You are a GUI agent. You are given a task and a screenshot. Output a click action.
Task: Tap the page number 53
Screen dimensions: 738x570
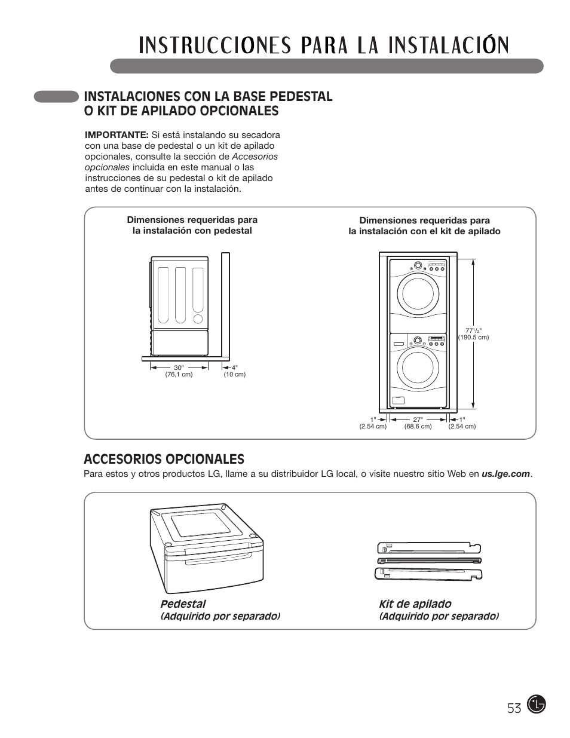(x=514, y=708)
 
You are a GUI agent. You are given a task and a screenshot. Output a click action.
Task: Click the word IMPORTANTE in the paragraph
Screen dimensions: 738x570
(x=117, y=135)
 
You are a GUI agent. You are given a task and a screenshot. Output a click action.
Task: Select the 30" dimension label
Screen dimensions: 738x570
(x=178, y=368)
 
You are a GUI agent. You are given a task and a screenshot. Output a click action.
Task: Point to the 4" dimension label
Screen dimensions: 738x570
(x=234, y=368)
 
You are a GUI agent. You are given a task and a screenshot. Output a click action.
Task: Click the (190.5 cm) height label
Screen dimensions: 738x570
(x=473, y=338)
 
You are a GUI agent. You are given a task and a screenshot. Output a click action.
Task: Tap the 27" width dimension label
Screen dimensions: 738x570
(x=418, y=419)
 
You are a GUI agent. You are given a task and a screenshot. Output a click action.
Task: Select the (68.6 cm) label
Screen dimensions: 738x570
(x=418, y=426)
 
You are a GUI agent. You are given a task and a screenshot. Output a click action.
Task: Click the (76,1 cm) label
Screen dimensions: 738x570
(x=179, y=375)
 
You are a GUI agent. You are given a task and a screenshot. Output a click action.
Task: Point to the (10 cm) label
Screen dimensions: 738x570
(x=234, y=375)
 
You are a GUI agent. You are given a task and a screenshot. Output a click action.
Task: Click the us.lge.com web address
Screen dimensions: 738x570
(x=506, y=474)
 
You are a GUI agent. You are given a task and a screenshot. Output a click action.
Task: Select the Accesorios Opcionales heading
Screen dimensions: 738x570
(x=164, y=459)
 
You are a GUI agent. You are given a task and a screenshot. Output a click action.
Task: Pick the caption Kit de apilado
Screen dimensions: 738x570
(x=415, y=604)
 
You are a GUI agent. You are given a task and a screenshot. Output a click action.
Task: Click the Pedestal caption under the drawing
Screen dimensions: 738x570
(x=183, y=604)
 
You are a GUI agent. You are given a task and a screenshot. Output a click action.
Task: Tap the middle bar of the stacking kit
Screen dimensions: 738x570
(x=429, y=561)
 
